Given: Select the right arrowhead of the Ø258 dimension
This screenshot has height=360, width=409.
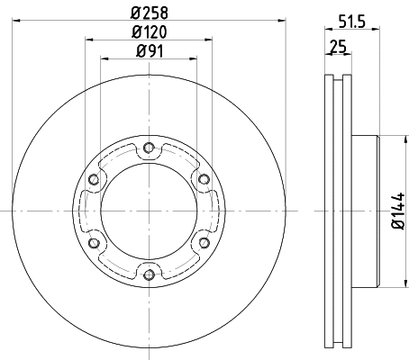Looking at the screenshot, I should pos(282,21).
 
